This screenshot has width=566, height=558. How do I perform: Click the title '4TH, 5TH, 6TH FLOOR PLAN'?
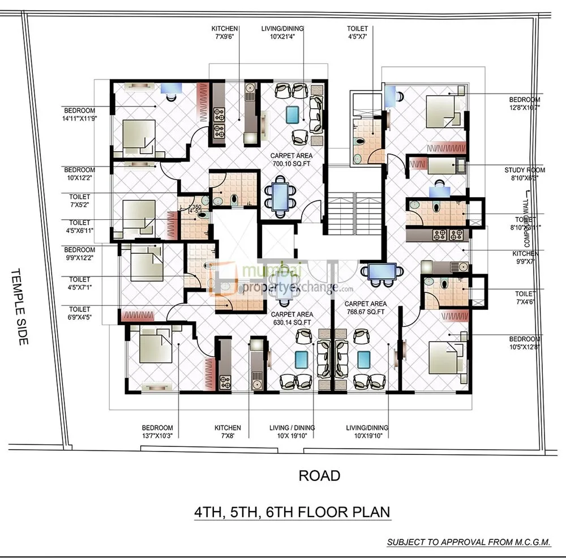(292, 512)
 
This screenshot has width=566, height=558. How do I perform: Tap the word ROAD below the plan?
(320, 476)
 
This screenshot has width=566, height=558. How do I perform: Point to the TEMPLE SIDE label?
(19, 306)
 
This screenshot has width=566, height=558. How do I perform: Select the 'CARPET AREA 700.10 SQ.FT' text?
(291, 160)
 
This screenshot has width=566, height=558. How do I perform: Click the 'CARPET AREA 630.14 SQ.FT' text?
(291, 318)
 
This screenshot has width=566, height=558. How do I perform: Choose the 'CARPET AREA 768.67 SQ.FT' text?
(365, 308)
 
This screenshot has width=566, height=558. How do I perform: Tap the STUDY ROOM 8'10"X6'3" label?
(525, 173)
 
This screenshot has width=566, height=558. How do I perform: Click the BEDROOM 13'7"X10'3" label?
(157, 432)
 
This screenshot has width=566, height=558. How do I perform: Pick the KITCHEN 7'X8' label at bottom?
(228, 432)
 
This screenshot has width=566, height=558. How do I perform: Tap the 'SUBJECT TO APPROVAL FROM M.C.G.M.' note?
(469, 542)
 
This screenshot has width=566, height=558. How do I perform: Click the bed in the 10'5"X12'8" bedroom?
(445, 357)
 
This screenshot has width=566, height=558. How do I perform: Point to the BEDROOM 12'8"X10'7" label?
(525, 103)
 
